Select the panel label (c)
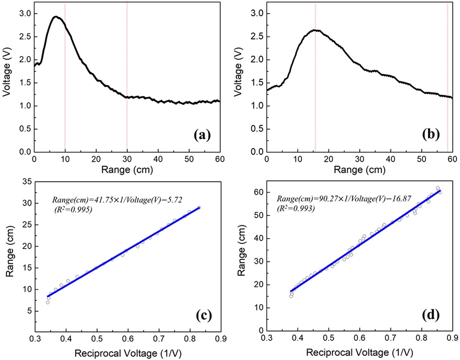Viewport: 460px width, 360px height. [202, 315]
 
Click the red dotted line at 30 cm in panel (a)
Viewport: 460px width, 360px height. [127, 78]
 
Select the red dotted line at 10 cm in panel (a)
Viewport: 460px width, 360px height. [65, 78]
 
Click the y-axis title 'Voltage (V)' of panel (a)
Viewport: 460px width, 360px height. [7, 77]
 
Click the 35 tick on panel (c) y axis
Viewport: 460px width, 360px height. [26, 181]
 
